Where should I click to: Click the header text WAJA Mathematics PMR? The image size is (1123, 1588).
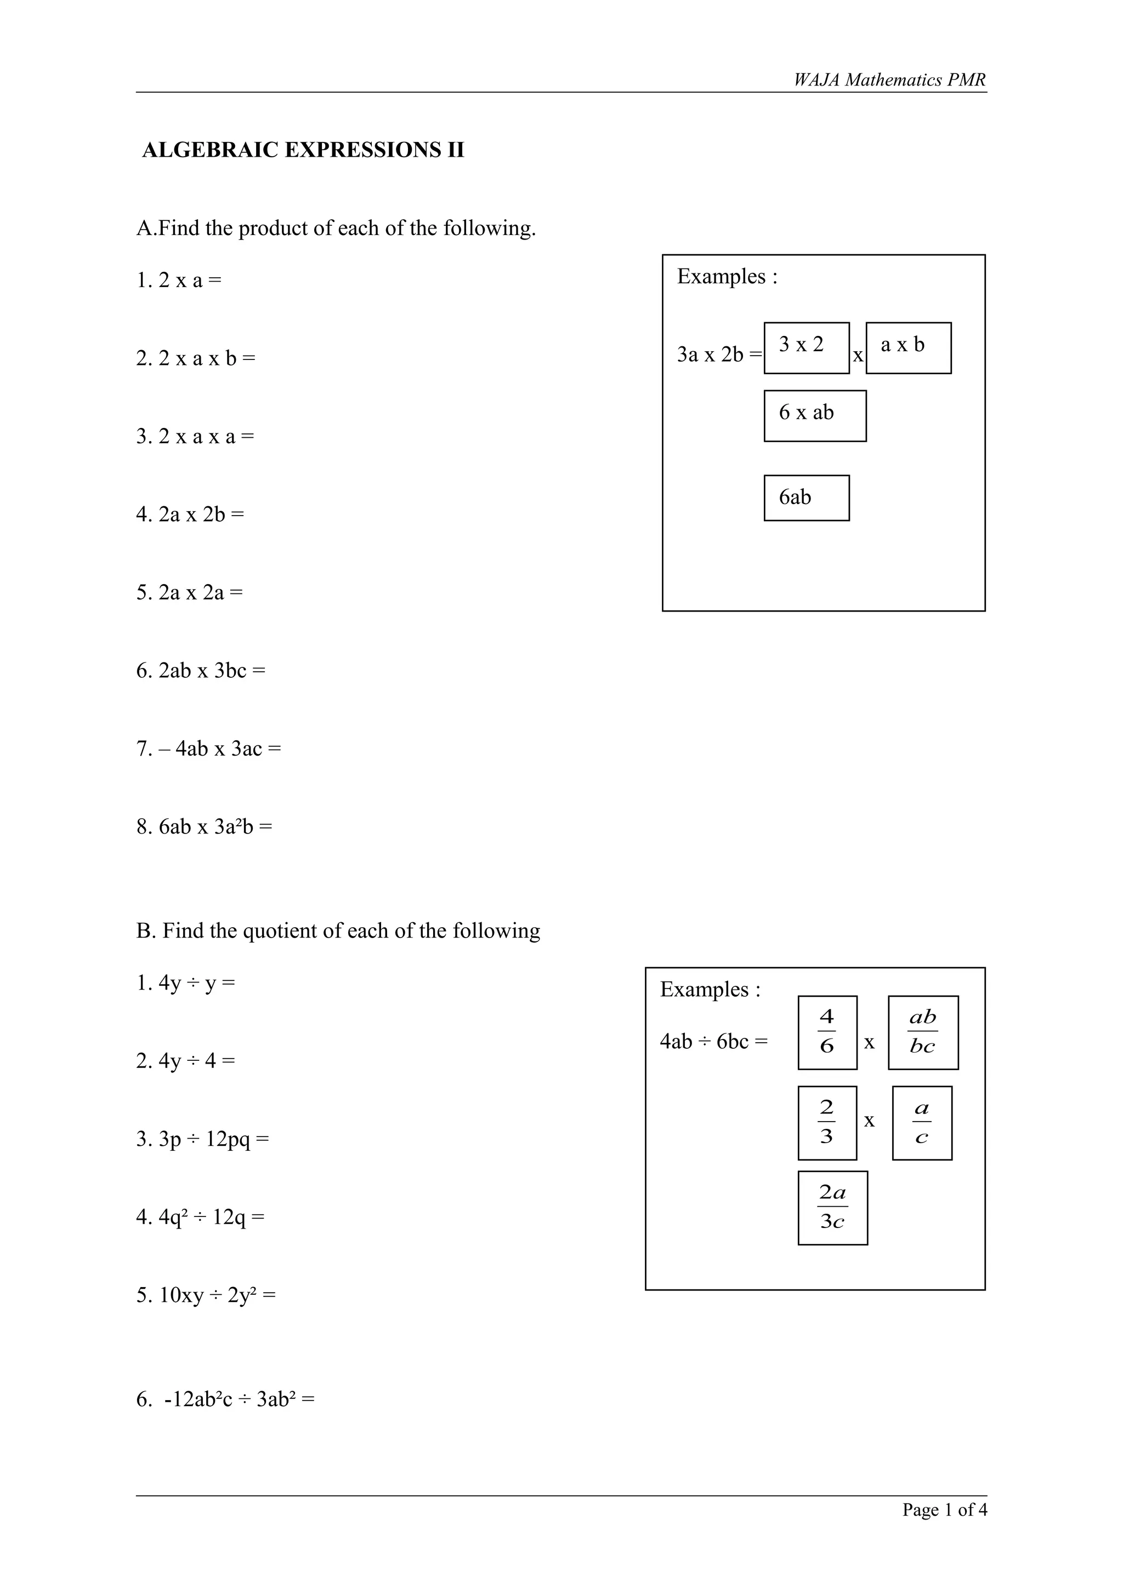click(889, 80)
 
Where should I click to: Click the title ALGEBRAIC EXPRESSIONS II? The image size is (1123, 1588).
click(303, 150)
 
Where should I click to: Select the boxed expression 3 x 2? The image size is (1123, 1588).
click(806, 347)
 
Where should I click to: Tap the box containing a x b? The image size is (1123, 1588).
click(908, 347)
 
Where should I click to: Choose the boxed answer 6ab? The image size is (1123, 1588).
click(806, 498)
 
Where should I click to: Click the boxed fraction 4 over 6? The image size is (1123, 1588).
click(827, 1032)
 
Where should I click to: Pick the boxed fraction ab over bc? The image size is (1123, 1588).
click(922, 1032)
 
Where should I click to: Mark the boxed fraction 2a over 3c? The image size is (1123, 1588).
click(832, 1208)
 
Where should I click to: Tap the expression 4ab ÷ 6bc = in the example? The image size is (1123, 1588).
click(713, 1041)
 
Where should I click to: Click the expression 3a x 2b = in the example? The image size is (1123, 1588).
click(719, 355)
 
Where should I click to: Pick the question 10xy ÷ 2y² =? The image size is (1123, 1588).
click(206, 1295)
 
